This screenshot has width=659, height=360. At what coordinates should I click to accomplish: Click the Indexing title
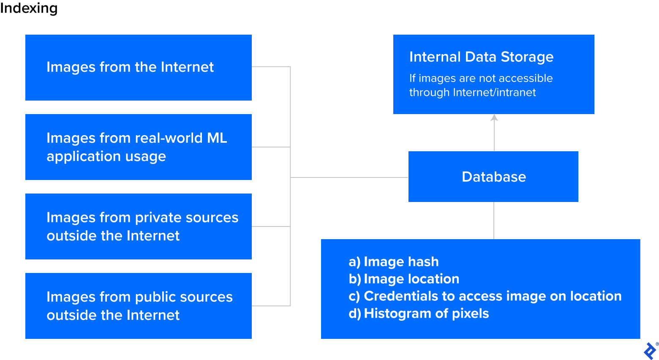[29, 8]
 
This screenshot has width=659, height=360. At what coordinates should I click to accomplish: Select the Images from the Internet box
[138, 68]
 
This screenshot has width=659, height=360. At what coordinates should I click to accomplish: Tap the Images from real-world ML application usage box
[138, 147]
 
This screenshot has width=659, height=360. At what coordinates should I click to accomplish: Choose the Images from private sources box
[138, 226]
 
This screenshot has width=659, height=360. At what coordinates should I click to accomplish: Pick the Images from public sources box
[138, 306]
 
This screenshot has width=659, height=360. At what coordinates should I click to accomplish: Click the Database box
[493, 177]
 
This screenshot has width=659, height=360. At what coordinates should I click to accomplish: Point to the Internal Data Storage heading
[481, 57]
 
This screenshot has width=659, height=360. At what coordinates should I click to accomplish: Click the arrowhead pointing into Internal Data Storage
[494, 118]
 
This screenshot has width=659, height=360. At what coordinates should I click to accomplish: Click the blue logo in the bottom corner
[650, 351]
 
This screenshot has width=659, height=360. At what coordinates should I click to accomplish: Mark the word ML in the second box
[217, 138]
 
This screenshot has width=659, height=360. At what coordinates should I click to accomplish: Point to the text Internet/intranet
[494, 93]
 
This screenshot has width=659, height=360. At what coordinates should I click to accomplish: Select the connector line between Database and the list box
[494, 221]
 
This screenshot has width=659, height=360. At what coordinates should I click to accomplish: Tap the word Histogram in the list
[397, 314]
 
